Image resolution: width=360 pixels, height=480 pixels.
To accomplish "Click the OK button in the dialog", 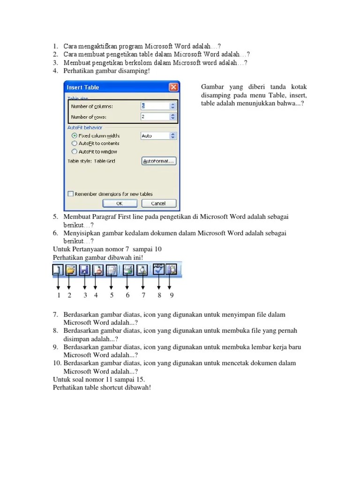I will click(120, 203).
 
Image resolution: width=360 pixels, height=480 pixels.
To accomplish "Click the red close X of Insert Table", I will click(173, 87).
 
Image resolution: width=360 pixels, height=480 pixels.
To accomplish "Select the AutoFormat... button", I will click(158, 161).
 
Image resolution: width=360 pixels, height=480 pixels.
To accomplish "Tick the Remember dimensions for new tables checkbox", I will click(70, 194).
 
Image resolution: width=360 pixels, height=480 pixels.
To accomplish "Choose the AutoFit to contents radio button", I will click(74, 143).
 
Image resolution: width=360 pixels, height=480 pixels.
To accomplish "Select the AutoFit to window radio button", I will click(74, 152).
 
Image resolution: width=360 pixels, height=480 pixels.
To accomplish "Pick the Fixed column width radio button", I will click(74, 135).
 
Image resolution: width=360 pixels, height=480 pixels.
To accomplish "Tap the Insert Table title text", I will click(83, 87).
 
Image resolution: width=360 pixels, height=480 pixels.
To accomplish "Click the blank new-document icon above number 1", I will click(58, 270).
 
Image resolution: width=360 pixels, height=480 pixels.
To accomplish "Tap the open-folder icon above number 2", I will click(70, 270).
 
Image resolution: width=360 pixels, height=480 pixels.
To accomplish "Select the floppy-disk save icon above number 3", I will click(84, 270).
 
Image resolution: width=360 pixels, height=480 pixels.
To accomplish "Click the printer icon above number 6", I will click(127, 270).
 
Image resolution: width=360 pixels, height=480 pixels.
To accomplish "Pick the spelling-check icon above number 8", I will click(159, 270).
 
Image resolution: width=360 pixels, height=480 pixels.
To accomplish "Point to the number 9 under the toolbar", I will click(172, 295).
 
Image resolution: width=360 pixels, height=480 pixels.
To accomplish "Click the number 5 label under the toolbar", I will click(112, 295).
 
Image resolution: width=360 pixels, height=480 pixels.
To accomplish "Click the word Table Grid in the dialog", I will click(105, 161).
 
